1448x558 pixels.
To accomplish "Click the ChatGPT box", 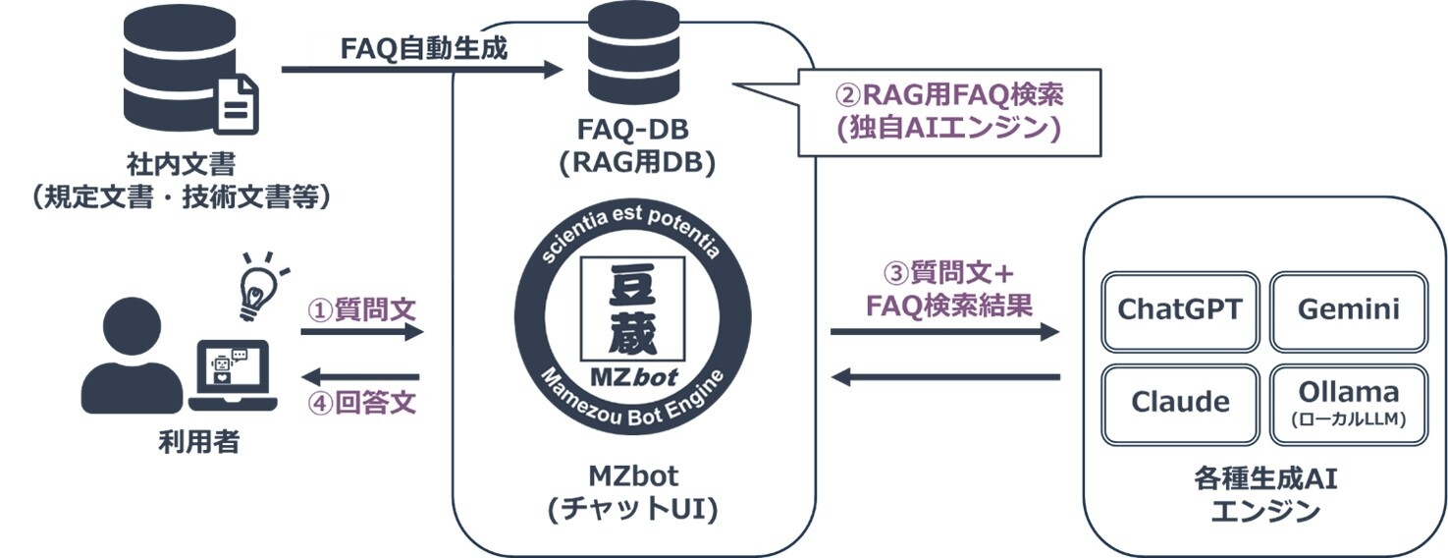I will point(1179,309).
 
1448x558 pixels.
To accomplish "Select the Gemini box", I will point(1348,309).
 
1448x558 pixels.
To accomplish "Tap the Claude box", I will point(1179,402).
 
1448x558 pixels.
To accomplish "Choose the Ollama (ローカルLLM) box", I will point(1348,402).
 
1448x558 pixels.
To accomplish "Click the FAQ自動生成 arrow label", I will point(424,48).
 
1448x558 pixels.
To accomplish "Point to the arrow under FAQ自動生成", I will point(422,70).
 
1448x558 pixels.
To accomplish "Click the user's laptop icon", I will point(234,376).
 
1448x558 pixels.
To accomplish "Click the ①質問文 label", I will point(362,310).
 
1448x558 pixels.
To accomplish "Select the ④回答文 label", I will point(362,403).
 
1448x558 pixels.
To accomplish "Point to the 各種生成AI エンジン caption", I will point(1264,495).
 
